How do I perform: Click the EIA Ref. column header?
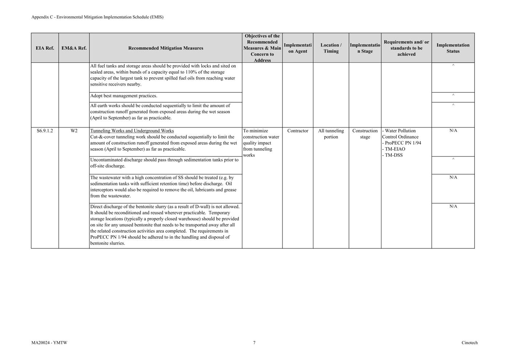[x=45, y=48]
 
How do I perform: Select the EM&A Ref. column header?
[x=74, y=48]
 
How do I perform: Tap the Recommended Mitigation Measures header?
[x=166, y=48]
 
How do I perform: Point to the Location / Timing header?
[x=331, y=48]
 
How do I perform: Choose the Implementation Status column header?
[x=453, y=48]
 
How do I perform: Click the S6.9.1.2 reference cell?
[x=45, y=131]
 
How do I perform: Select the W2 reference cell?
[x=74, y=131]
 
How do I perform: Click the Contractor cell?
[x=298, y=131]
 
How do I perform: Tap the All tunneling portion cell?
[x=331, y=134]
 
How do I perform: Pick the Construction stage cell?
[x=365, y=134]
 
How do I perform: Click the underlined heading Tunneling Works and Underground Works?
[x=132, y=131]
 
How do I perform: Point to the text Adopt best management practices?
[x=123, y=96]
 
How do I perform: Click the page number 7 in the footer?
[x=254, y=343]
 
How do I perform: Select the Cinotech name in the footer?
[x=469, y=343]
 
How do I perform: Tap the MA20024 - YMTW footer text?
[x=49, y=343]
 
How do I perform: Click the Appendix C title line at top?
[x=97, y=17]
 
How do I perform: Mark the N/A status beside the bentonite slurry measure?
[x=453, y=206]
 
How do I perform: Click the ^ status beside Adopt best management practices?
[x=453, y=95]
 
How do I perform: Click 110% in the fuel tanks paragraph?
[x=191, y=72]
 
